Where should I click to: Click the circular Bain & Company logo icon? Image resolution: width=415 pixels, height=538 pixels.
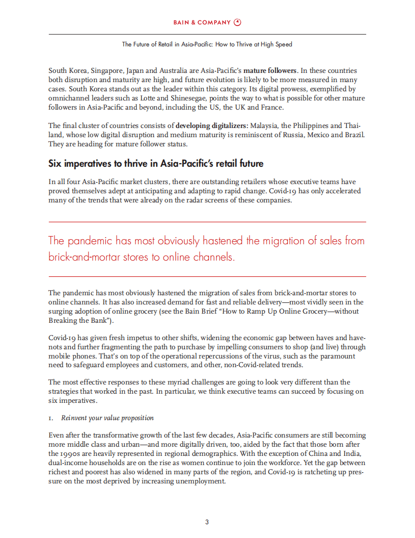[237, 22]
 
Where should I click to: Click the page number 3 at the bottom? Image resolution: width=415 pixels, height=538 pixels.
[207, 522]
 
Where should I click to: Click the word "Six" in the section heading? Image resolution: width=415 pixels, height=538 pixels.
[56, 164]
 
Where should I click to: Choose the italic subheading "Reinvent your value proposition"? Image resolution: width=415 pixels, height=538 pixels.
[107, 418]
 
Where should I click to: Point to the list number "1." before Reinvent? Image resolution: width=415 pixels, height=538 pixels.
[51, 418]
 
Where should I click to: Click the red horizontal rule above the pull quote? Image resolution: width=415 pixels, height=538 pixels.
[207, 222]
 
